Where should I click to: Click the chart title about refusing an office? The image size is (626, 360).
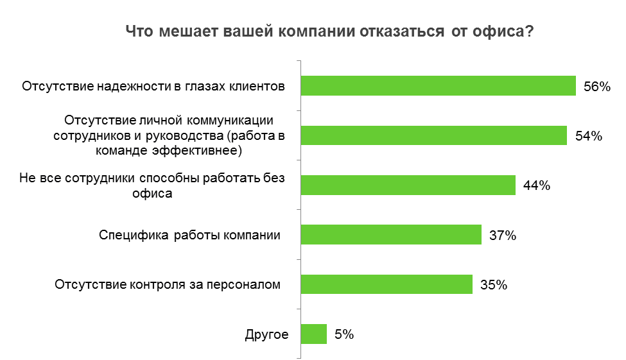(x=329, y=32)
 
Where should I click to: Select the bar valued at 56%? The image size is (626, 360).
(x=439, y=86)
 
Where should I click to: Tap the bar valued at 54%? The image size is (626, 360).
(x=434, y=135)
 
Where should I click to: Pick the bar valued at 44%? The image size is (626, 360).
(x=408, y=185)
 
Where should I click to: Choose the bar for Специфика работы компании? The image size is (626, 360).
(x=391, y=235)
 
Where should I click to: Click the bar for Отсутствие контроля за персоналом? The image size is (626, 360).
(x=387, y=284)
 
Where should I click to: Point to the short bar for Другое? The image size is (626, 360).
(x=314, y=334)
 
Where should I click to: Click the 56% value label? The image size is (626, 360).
(x=596, y=87)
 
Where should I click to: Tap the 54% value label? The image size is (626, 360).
(x=588, y=136)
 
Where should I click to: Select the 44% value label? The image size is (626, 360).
(x=537, y=185)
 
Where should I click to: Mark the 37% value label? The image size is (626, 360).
(x=503, y=236)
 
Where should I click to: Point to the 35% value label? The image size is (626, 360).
(x=494, y=285)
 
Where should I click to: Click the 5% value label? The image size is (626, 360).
(x=343, y=334)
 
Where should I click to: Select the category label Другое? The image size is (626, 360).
(x=266, y=334)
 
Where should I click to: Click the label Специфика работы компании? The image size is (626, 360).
(x=189, y=235)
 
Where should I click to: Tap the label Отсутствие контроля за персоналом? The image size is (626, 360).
(x=168, y=284)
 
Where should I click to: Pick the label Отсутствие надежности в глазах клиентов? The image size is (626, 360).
(x=153, y=86)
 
